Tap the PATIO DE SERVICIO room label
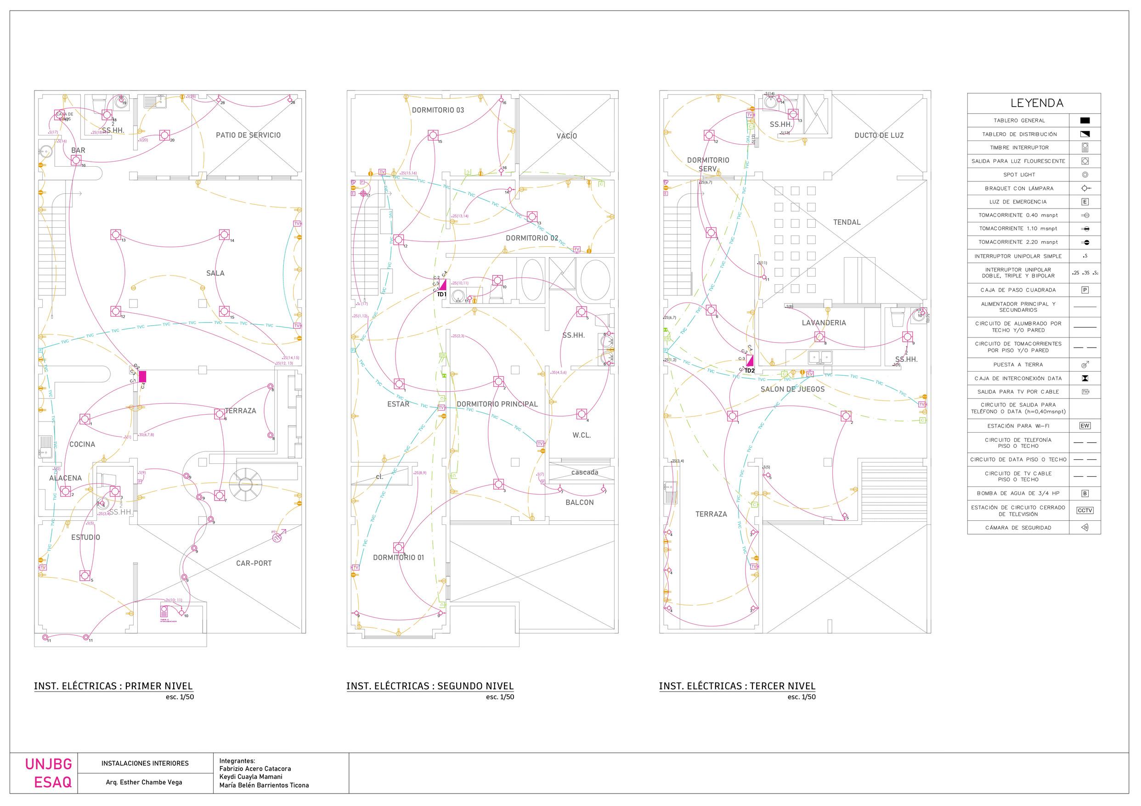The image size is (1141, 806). click(248, 135)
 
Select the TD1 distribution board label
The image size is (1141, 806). click(441, 294)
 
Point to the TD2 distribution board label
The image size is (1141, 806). click(749, 370)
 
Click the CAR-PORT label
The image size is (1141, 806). click(254, 563)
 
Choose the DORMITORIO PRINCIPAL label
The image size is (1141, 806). click(497, 404)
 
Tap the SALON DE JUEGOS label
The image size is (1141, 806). click(792, 389)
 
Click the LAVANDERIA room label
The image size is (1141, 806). click(824, 322)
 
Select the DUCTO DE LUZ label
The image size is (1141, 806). click(879, 135)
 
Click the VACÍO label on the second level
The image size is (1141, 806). click(566, 135)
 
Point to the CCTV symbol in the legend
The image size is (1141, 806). click(1085, 510)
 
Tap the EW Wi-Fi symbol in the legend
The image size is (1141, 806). click(1085, 426)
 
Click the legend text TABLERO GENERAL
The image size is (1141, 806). click(1019, 120)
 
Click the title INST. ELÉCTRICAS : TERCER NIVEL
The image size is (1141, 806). click(737, 686)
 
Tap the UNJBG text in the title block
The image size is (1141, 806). click(49, 764)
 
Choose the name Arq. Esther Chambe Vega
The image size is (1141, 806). click(144, 782)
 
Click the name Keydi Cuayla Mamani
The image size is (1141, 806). click(250, 777)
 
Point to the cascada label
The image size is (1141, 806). click(584, 472)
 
